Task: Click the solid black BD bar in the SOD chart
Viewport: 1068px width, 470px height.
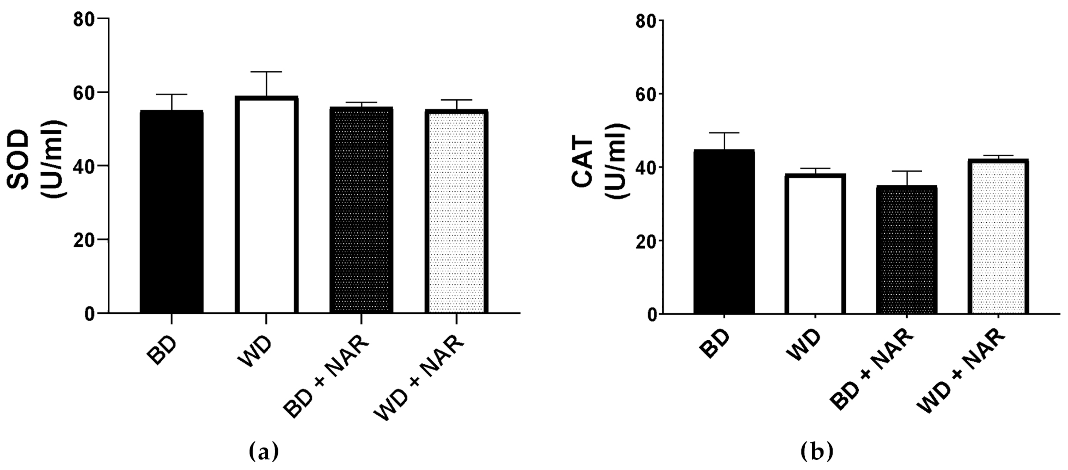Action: [171, 212]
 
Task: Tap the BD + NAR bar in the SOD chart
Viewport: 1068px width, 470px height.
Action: [361, 209]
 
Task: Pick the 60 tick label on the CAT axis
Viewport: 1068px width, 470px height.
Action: [646, 94]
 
